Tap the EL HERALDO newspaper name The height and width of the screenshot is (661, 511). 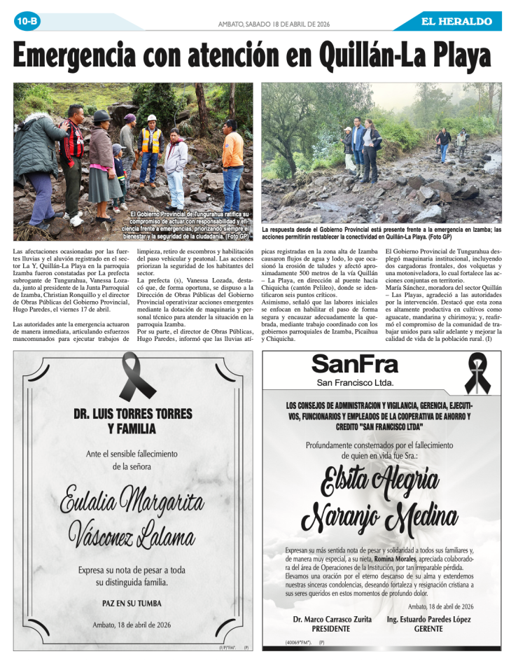(456, 22)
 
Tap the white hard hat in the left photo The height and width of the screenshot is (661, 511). (152, 118)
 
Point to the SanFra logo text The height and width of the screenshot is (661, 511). (355, 364)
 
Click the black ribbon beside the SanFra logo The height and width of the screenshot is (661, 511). (476, 374)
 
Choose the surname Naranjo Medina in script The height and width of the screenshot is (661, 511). (379, 518)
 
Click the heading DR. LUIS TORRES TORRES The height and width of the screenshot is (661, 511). (132, 415)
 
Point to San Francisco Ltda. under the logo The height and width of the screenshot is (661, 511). (355, 383)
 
